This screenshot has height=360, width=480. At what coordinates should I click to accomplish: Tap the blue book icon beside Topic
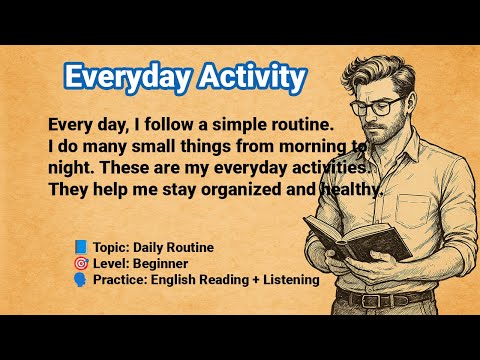[80, 246]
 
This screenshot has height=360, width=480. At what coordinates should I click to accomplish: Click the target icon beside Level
[80, 263]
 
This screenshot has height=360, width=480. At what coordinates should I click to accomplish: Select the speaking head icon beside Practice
[80, 279]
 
